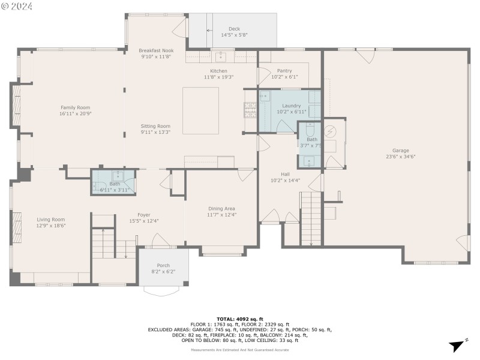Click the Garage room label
pos(400,151)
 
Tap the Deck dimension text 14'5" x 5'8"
pos(234,35)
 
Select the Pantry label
pos(284,71)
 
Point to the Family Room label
pos(75,107)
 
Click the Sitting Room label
pos(155,126)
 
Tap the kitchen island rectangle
pos(201,110)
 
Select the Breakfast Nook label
pos(155,50)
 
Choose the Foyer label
pos(143,215)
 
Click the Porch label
pos(163,265)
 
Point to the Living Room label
pos(51,220)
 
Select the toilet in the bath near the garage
pos(310,131)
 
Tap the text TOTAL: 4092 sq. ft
pos(240,319)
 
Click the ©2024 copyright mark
pos(17,6)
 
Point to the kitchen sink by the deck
pos(220,57)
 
